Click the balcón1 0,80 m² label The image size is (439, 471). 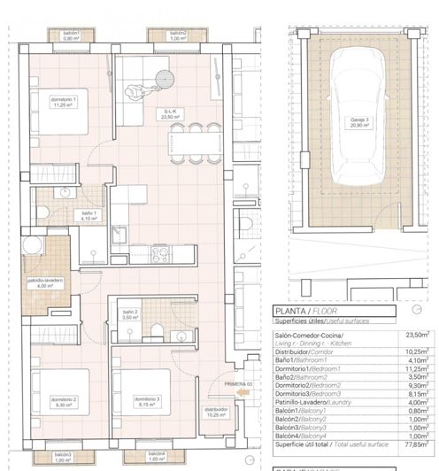click(72, 36)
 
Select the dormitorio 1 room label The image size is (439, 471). click(63, 102)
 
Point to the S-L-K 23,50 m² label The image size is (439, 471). click(170, 112)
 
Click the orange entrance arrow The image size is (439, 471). click(244, 399)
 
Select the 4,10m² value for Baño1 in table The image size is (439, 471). click(416, 360)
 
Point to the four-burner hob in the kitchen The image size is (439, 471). click(160, 254)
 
